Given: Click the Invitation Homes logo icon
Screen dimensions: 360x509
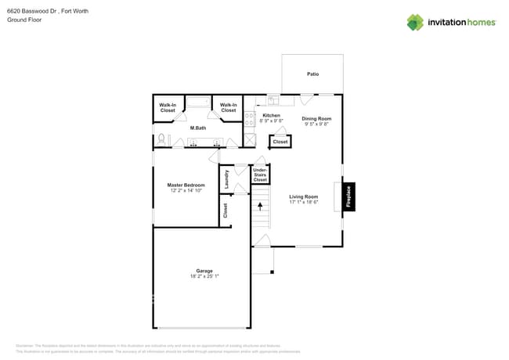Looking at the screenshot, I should point(415,22).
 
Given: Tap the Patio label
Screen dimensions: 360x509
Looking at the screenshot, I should point(312,74).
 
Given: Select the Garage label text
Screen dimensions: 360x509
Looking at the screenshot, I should point(204,271).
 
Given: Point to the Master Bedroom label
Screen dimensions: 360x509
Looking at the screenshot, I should point(186,185).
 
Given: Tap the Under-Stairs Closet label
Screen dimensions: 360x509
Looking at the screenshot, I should point(261,175).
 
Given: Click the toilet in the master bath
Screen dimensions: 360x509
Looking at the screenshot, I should point(161,139).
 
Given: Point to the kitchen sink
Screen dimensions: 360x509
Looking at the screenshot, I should point(274,100).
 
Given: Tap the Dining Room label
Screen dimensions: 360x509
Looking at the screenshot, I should point(316,118).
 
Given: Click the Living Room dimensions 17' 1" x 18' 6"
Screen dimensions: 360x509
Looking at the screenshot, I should point(303,202).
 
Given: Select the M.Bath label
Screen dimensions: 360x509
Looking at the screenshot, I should point(198,128).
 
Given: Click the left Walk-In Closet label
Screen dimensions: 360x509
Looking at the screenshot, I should point(168,108).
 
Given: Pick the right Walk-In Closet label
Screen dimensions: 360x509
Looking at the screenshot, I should point(228,108).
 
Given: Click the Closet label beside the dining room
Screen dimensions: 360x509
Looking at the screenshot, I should point(280,142).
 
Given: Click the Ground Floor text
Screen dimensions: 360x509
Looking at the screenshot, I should point(24,20).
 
